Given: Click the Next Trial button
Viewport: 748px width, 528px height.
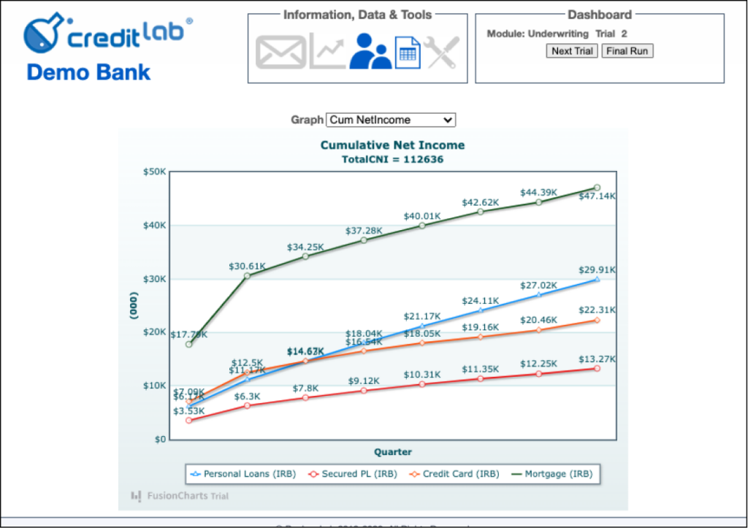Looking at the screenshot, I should pos(573,51).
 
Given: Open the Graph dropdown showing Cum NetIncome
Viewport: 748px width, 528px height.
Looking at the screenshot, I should pos(391,120).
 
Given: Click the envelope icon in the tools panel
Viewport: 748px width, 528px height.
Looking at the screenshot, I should pos(280,53).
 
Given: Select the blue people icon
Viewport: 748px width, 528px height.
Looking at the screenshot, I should pos(370,52).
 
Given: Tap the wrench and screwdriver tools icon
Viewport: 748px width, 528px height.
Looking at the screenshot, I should pos(442,53).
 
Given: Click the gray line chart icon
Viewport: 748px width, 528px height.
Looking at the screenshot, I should pos(327,53).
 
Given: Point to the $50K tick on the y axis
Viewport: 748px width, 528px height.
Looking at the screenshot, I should pos(154,172).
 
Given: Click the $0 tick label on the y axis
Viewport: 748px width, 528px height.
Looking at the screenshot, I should pos(160,440).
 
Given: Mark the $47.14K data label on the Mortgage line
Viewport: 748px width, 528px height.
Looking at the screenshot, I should pos(597,196).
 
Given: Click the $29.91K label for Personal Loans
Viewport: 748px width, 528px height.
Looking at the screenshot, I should pos(598,269).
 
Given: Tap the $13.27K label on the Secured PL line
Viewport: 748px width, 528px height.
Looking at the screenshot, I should pos(598,359).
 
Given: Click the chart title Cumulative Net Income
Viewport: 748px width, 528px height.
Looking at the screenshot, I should pos(392,145).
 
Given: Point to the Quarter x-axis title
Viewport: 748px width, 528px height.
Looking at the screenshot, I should pos(393,452).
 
